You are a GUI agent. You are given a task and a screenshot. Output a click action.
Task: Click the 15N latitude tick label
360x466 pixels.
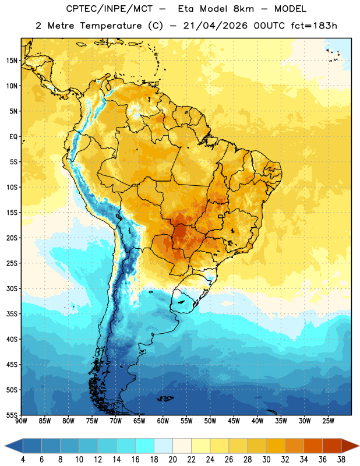(12, 61)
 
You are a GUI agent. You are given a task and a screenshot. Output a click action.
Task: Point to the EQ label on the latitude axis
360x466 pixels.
(13, 137)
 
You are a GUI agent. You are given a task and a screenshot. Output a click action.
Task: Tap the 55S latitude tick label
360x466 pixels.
(12, 415)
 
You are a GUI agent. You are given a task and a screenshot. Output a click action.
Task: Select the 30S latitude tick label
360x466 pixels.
(12, 288)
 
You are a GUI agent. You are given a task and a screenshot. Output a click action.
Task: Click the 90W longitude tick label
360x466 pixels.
(21, 421)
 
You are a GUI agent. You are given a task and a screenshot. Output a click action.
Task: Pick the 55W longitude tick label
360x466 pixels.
(186, 421)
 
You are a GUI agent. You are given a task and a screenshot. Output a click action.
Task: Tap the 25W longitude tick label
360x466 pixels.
(329, 421)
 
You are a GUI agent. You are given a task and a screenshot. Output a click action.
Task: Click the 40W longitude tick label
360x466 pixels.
(257, 421)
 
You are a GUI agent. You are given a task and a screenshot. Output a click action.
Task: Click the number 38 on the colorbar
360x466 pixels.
(341, 460)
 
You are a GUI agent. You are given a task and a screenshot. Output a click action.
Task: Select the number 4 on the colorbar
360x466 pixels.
(23, 460)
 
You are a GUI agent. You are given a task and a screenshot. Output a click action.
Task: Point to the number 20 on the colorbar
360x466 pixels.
(172, 460)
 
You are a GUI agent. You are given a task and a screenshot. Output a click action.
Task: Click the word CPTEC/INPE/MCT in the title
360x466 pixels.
(110, 9)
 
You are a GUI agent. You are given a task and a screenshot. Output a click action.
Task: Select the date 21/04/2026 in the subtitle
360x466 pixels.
(216, 26)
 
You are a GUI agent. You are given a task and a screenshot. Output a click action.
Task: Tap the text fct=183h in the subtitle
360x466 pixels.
(314, 26)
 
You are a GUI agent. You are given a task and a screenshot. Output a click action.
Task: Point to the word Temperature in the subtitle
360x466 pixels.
(111, 26)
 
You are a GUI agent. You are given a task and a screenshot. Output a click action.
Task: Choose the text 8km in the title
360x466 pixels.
(243, 9)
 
